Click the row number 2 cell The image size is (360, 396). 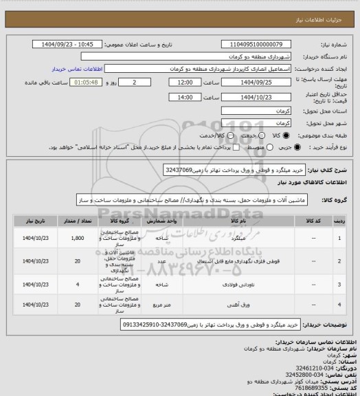(341, 261)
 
